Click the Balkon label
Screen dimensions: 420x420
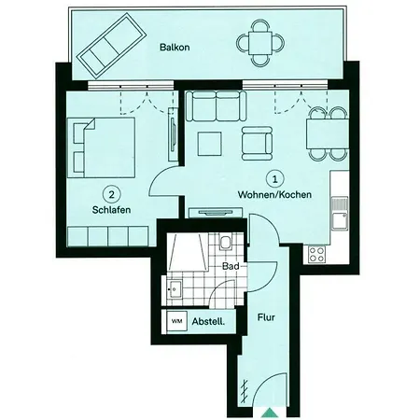coord(175,48)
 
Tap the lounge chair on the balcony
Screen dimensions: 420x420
coord(112,46)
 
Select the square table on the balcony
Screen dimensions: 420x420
coord(260,43)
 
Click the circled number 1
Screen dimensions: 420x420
coord(275,179)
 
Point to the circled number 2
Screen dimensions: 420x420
coord(111,194)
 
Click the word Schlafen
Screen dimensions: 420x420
coord(111,210)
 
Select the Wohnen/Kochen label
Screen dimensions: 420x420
coord(274,195)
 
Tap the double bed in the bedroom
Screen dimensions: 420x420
coord(102,147)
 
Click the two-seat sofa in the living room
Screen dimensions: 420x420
coord(216,105)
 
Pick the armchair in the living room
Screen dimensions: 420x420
coord(257,144)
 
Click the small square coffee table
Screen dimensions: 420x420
coord(210,144)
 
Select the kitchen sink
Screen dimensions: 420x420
coord(340,214)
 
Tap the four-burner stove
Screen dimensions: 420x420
coord(317,254)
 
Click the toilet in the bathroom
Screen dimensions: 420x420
coord(225,242)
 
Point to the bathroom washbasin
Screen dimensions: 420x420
coord(175,289)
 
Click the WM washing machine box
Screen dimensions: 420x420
coord(177,321)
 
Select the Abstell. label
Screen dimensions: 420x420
coord(208,321)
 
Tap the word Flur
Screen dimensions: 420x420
coord(266,317)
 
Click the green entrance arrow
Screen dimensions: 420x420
coord(269,412)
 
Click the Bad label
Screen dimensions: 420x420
coord(231,266)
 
